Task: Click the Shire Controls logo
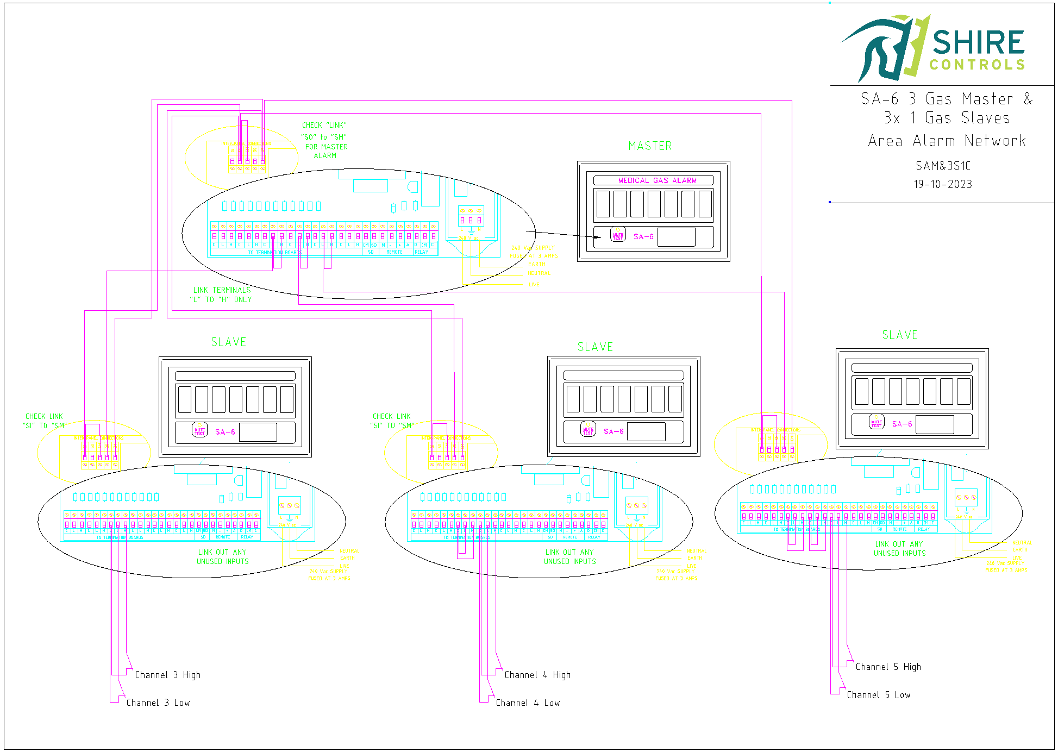pos(932,48)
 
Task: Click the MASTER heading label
pos(650,146)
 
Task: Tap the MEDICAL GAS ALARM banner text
pos(657,180)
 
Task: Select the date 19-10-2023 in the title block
pos(943,184)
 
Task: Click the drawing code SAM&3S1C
pos(943,166)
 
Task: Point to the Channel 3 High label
pos(167,675)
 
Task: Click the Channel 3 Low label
pos(158,703)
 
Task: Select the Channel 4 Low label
pos(528,703)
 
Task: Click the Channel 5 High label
pos(888,667)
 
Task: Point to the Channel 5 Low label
pos(878,695)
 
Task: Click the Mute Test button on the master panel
pos(618,235)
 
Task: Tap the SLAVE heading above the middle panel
pos(595,347)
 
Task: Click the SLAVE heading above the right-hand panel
pos(899,335)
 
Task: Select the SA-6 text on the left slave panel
pos(225,432)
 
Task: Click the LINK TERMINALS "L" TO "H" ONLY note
pos(221,294)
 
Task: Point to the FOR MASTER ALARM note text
pos(326,151)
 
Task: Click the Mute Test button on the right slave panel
pos(877,422)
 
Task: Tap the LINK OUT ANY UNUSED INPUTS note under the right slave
pos(899,548)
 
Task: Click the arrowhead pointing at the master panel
pos(598,237)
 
